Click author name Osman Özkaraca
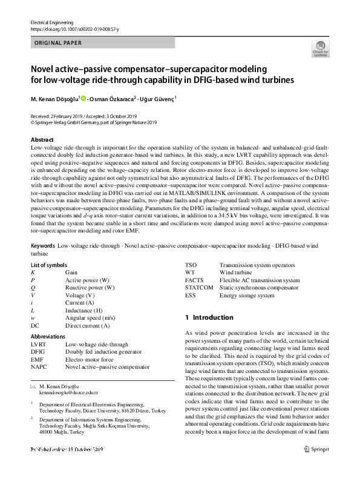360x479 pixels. tap(113, 98)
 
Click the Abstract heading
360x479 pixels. tap(42, 139)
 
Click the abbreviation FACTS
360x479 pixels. tap(195, 280)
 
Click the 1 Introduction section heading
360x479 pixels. tap(209, 317)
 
